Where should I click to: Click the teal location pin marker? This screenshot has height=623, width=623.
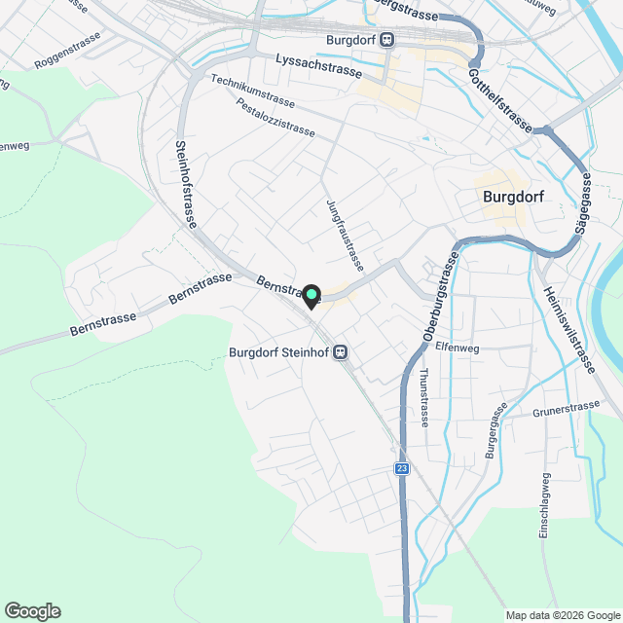click(311, 294)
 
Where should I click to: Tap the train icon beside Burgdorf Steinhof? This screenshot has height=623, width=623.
click(342, 352)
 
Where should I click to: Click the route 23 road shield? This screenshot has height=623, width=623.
click(402, 469)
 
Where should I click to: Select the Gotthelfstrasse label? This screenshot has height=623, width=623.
click(499, 99)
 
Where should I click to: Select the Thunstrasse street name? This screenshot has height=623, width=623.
click(423, 397)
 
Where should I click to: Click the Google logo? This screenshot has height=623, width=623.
click(32, 610)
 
